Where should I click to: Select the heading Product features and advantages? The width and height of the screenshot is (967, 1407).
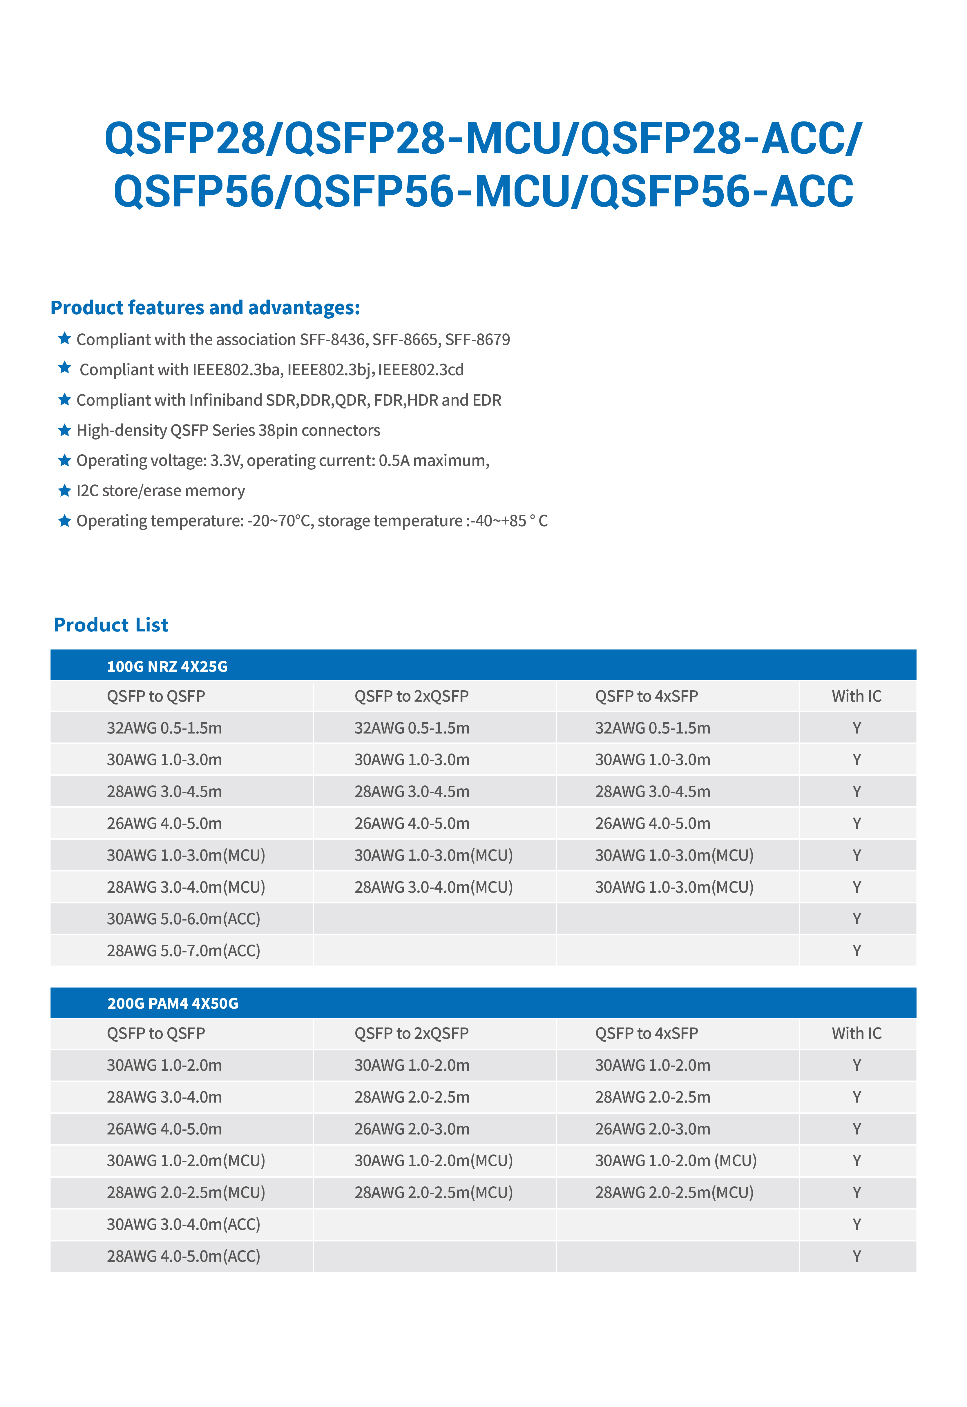pos(205,308)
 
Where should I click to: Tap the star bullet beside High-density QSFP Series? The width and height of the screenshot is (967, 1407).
pos(64,430)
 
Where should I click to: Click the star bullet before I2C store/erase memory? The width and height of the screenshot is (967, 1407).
pos(64,491)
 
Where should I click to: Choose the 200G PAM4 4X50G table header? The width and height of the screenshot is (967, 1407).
pos(173,1004)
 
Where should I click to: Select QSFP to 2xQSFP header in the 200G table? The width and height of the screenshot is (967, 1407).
pos(411,1033)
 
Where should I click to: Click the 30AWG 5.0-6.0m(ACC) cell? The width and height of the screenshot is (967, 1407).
pos(184,919)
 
